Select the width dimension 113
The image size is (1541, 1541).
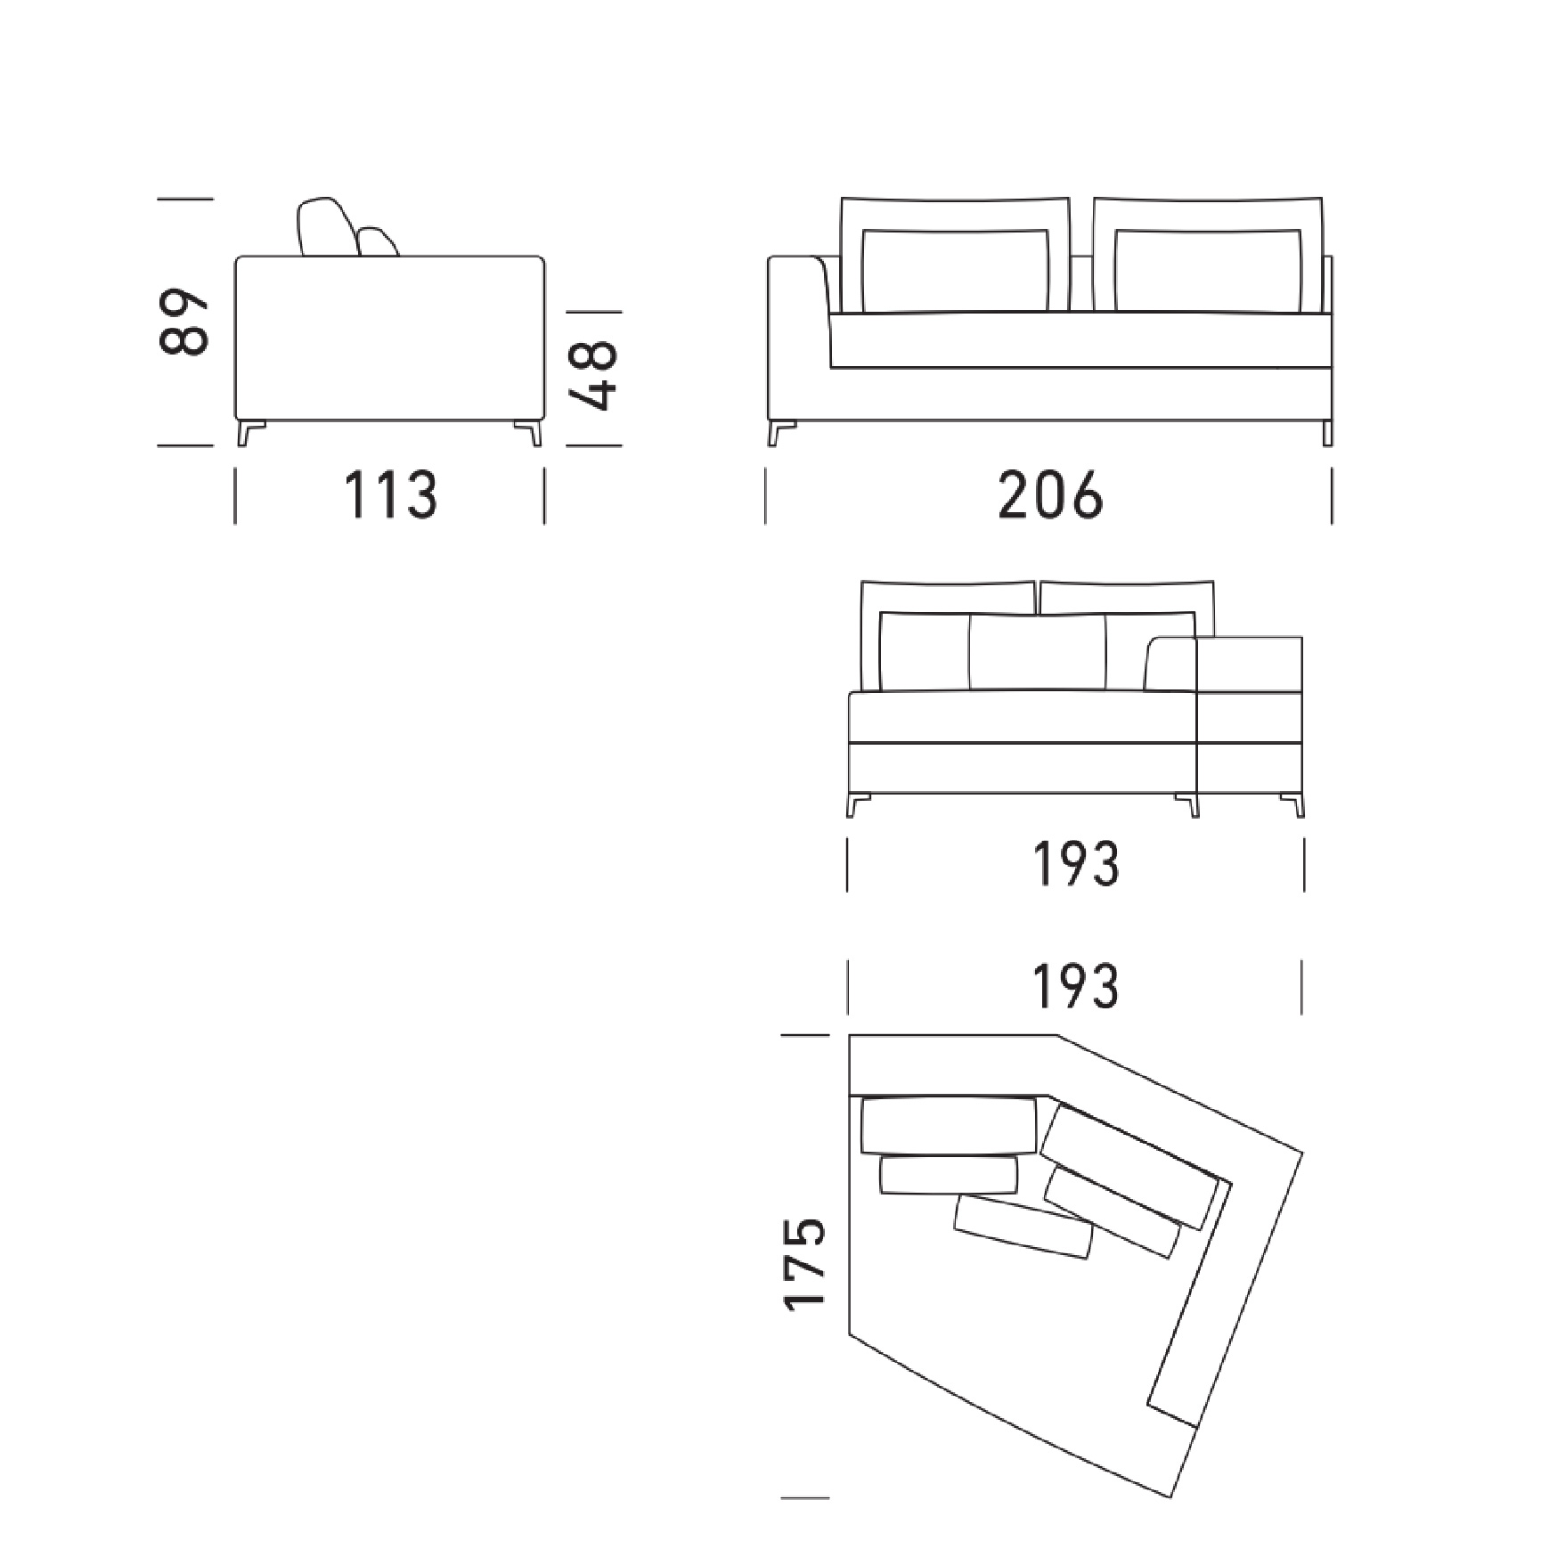coord(391,495)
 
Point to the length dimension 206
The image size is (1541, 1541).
coord(1050,495)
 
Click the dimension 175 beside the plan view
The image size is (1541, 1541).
coord(805,1264)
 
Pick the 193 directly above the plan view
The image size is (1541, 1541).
coord(1075,987)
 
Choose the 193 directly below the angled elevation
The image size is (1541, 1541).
coord(1075,864)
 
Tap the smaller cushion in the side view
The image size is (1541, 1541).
coord(378,242)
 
